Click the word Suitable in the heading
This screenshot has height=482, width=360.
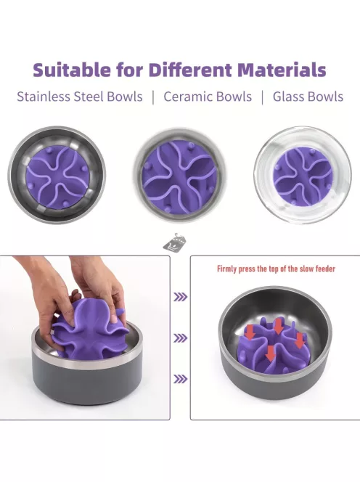(x=72, y=70)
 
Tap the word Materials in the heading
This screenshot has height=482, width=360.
(x=282, y=70)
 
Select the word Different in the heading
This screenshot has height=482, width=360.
(x=190, y=70)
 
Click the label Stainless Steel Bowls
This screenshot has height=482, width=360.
(x=80, y=97)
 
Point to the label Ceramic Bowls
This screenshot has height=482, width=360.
(x=208, y=97)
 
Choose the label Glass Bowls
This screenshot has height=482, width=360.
(x=308, y=97)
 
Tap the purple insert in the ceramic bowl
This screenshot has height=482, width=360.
(x=180, y=177)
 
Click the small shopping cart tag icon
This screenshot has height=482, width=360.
(x=175, y=242)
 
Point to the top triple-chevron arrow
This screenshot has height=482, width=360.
(x=181, y=297)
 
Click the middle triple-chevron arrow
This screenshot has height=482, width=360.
(x=181, y=338)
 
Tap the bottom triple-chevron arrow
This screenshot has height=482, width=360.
(x=181, y=379)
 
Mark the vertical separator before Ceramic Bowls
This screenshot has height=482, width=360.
(x=153, y=97)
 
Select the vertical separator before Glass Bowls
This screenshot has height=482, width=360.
(x=262, y=97)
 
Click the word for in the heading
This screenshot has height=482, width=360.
(x=130, y=70)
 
